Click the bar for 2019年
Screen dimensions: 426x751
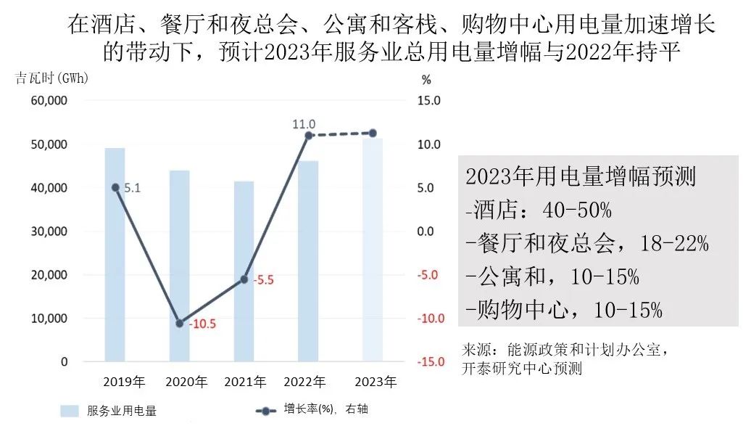point(115,254)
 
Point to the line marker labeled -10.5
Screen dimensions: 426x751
point(180,324)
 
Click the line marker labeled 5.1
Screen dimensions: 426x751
point(115,187)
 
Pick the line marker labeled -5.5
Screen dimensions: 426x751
point(244,279)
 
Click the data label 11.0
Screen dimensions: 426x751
point(304,124)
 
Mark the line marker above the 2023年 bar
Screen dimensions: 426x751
point(373,133)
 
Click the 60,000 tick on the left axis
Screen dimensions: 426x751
point(49,101)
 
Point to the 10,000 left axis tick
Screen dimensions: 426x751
point(49,319)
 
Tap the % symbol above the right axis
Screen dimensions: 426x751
point(426,78)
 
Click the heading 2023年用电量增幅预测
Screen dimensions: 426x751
point(580,176)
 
